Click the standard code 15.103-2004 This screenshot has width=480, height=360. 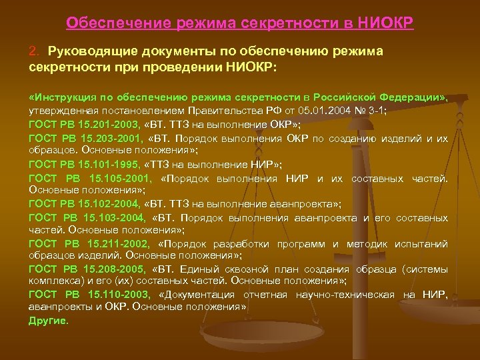click(x=113, y=218)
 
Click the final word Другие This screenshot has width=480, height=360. click(x=49, y=320)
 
